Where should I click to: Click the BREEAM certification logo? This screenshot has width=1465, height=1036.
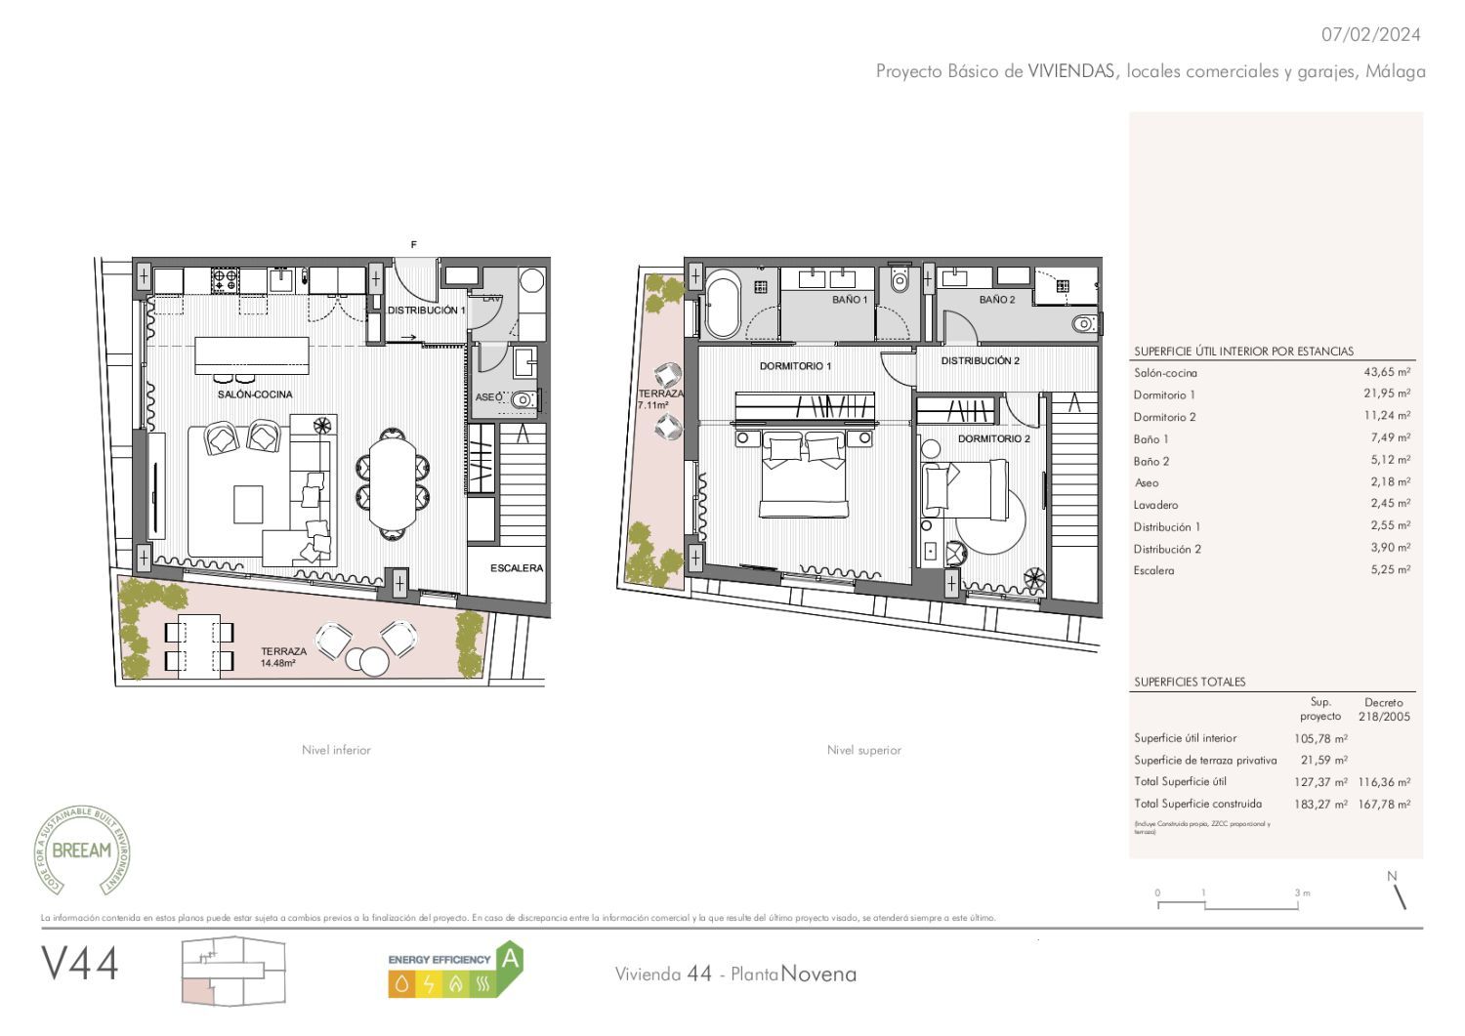[82, 850]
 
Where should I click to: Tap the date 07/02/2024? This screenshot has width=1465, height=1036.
[1370, 34]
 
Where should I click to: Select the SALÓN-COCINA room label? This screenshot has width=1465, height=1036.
[254, 394]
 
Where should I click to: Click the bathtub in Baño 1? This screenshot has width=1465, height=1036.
[723, 308]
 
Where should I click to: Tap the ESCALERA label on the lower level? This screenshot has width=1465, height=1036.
[516, 567]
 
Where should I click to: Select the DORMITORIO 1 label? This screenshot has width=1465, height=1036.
[795, 366]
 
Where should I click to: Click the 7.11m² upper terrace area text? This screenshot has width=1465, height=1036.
[653, 405]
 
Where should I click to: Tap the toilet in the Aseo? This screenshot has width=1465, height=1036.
[524, 398]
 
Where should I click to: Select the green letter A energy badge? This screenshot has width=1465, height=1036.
[509, 959]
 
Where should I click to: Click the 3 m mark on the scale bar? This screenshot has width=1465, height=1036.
[1300, 893]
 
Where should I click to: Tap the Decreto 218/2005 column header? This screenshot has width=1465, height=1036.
[1383, 709]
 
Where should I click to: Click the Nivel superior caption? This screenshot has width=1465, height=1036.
[863, 750]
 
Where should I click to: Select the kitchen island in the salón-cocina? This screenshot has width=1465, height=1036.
[252, 354]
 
